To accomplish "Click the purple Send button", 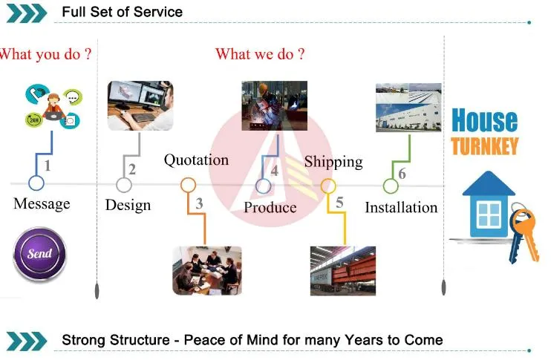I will coord(39,254).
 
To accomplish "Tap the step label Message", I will coord(42,203).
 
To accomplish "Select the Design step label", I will coord(128,205).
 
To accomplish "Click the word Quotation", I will coord(196,160).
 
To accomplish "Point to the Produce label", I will coord(270,208).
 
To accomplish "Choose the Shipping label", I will coord(333,161).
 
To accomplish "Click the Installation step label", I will coord(401,207).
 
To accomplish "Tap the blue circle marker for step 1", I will coord(36,183).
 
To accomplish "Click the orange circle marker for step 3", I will coord(189,185).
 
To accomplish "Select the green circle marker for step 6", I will coord(391,186).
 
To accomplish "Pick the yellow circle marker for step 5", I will coord(328,186).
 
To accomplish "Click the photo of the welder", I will coord(274,105).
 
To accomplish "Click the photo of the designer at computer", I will coord(140,105).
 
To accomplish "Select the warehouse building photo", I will coord(408,108).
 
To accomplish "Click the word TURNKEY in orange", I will coord(484,145).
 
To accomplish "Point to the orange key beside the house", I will coord(524,232).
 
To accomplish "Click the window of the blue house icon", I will coord(488,215).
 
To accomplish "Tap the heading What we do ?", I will coord(260,53).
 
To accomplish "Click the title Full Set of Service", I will coord(122,12).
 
